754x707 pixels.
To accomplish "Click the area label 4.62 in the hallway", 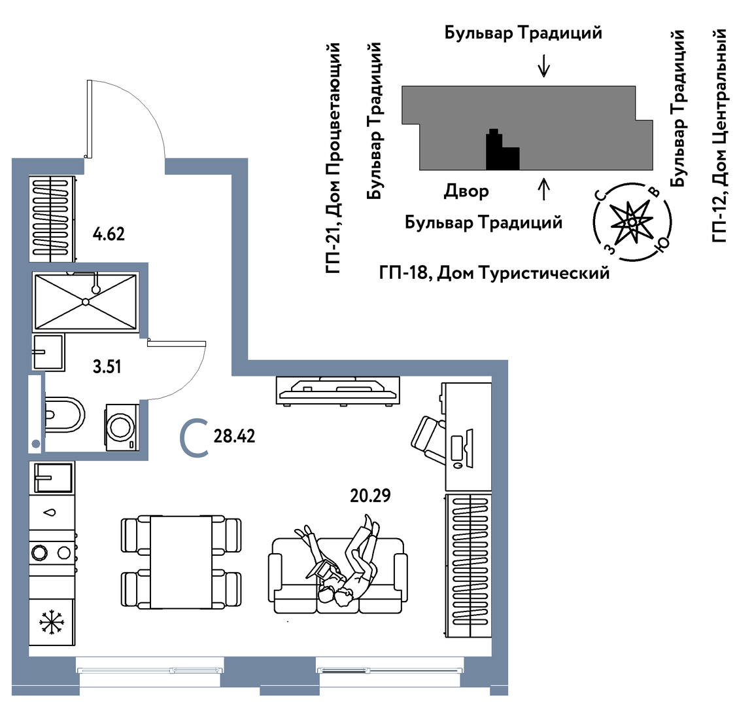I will [109, 234].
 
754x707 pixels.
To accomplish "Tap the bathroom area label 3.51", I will [107, 366].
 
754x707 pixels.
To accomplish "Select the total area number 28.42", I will [234, 436].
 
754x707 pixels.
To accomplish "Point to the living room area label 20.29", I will [370, 496].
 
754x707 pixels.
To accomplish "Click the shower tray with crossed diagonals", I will [86, 302].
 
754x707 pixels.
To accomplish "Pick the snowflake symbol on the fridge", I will [50, 622].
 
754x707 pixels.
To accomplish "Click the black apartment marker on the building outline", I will [500, 153].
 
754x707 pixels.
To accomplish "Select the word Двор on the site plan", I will [466, 191].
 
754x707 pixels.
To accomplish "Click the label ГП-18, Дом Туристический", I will [494, 272].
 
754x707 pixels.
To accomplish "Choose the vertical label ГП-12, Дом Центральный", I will [719, 135].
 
